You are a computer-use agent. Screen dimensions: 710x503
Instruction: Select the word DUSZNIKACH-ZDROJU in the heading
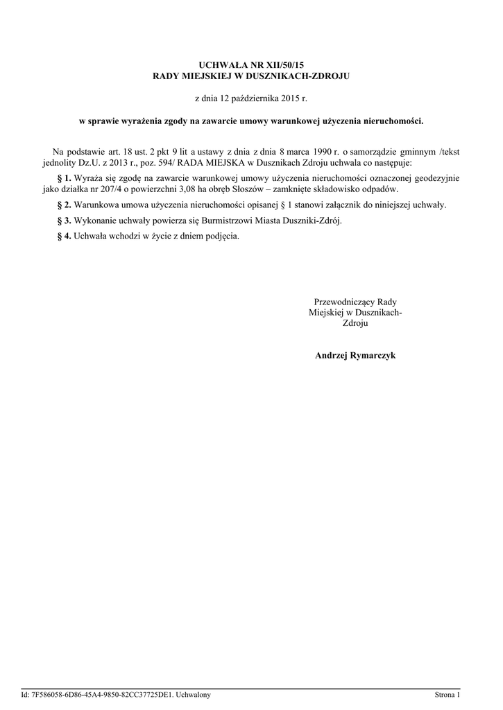[305, 75]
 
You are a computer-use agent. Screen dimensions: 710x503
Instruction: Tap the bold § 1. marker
[64, 178]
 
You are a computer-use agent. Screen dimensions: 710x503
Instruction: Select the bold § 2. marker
[64, 205]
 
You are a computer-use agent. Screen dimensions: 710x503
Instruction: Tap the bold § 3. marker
[64, 220]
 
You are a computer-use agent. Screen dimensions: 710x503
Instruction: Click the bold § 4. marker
[64, 236]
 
